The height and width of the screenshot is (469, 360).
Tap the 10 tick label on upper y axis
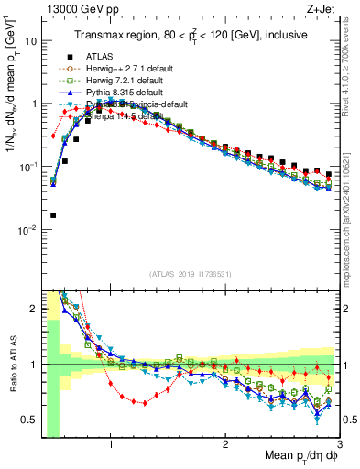(31, 41)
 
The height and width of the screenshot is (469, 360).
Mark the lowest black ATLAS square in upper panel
(53, 215)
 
